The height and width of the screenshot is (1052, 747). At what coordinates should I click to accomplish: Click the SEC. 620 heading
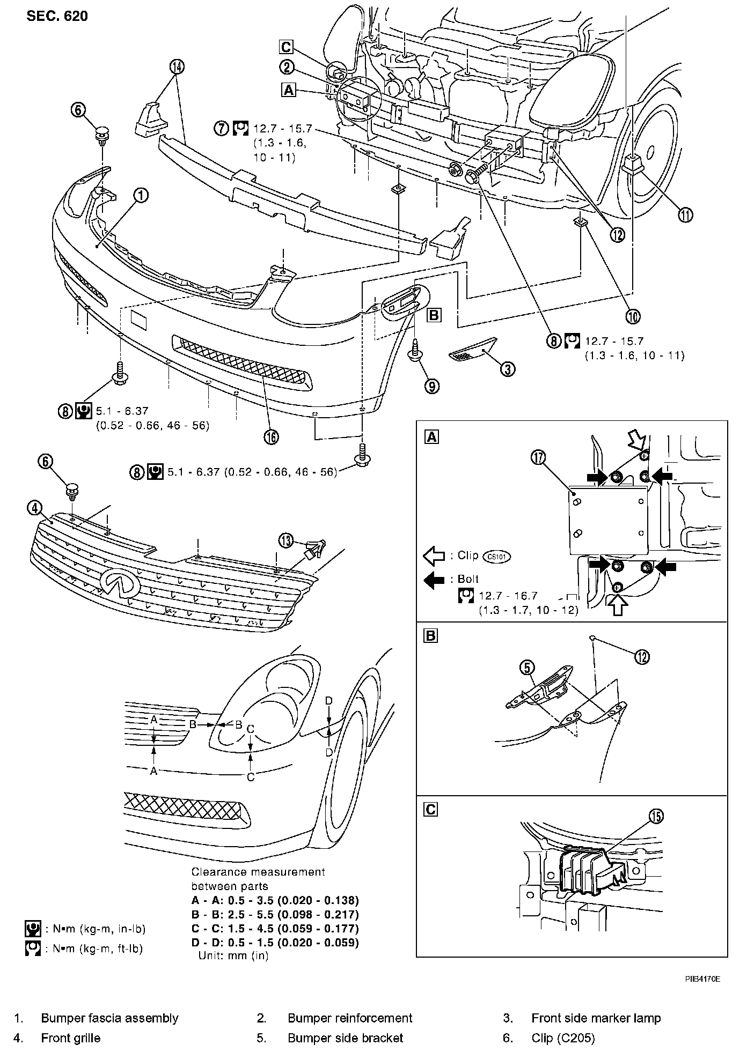point(57,16)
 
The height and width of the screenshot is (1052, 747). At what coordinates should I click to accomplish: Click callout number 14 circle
point(177,66)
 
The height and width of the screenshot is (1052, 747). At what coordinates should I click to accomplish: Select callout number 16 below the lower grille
point(272,438)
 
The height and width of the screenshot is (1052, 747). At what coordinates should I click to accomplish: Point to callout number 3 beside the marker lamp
point(508,368)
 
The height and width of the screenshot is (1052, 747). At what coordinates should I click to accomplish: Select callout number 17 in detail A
point(538,457)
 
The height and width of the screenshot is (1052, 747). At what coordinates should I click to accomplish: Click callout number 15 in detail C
point(656,816)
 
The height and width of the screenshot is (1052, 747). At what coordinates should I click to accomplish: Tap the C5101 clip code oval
point(497,556)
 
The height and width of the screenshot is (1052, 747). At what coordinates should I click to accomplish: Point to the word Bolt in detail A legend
point(468,579)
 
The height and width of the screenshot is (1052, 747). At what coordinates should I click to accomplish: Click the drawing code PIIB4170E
point(702,979)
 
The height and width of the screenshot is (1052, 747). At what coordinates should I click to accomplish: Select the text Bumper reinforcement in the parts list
point(350,1018)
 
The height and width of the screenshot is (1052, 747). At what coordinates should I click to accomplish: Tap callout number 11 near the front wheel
point(685,216)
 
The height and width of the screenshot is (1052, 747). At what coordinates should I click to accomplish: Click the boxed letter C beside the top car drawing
point(286,47)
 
